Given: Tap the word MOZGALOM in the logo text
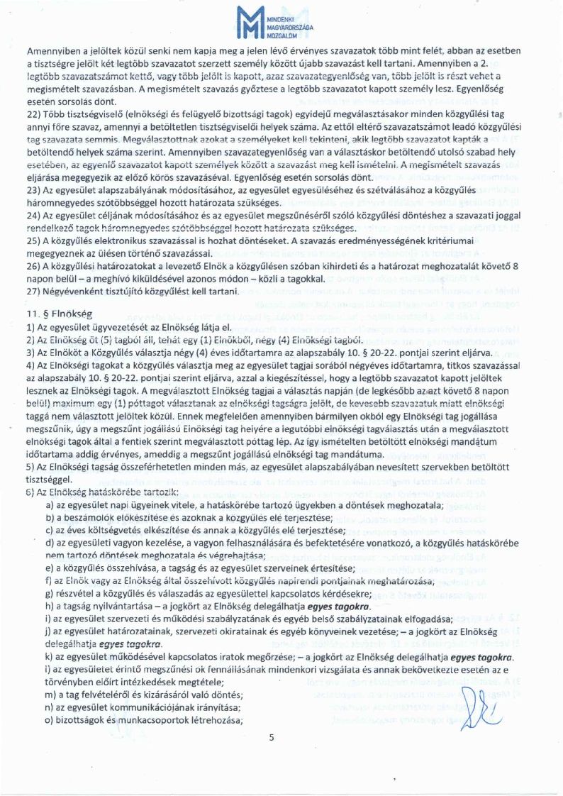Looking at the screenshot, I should [x=281, y=34].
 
